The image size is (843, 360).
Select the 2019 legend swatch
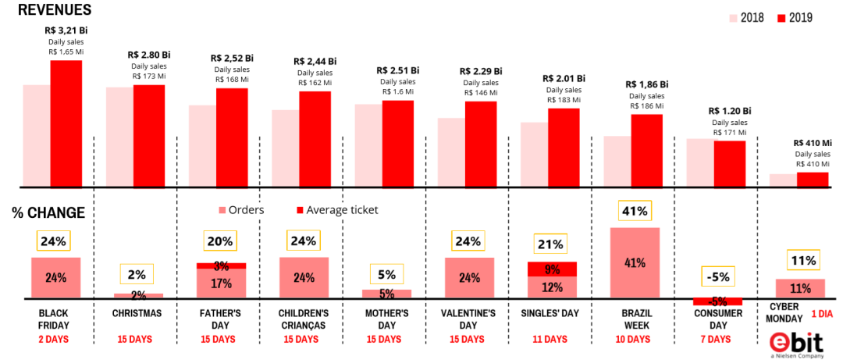(782, 17)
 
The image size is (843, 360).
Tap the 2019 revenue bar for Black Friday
(66, 123)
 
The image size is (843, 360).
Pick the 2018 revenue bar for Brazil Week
(617, 162)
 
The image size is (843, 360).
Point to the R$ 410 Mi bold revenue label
(813, 143)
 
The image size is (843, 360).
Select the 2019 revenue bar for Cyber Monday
(813, 180)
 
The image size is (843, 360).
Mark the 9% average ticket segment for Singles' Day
(553, 269)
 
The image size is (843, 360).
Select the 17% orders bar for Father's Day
(221, 283)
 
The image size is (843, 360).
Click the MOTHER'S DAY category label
(386, 319)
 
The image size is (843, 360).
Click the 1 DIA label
(823, 314)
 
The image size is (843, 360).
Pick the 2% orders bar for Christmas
(138, 295)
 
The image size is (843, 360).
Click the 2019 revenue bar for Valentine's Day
(481, 144)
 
